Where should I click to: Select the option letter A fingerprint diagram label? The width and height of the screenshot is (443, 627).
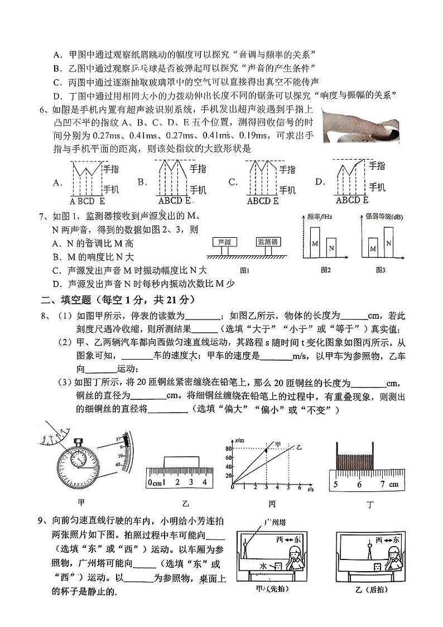[x=56, y=182]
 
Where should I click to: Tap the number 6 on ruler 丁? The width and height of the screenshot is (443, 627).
[x=360, y=484]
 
